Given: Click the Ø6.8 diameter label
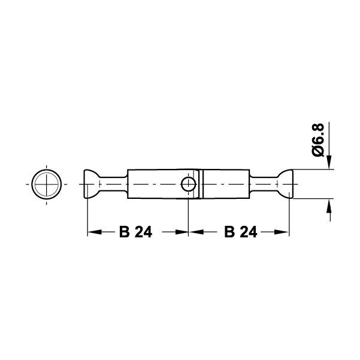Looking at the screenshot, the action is (x=318, y=140).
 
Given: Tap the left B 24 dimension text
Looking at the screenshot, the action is (x=136, y=232).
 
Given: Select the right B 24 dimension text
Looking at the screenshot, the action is (x=240, y=232).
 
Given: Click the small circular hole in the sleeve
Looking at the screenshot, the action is (x=188, y=184).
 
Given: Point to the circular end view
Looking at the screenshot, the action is (x=47, y=184).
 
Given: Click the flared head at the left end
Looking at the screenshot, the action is (x=92, y=184).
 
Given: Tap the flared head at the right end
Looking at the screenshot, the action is (x=285, y=184).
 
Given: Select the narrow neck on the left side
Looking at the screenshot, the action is (x=113, y=184).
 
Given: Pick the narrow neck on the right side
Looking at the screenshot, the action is (x=264, y=184).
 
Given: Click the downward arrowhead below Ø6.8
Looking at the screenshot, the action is (x=329, y=162).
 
